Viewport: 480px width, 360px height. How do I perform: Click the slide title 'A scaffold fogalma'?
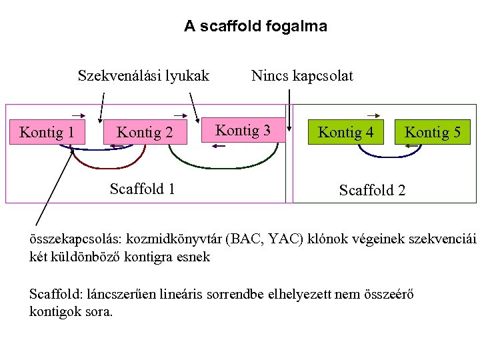click(255, 27)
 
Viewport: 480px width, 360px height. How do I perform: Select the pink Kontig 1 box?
click(47, 132)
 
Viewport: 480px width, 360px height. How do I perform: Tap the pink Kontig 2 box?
click(145, 133)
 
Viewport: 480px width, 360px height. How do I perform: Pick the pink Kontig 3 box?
click(244, 130)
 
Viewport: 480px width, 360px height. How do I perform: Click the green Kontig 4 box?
click(345, 132)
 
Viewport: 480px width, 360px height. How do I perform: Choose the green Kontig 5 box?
click(433, 132)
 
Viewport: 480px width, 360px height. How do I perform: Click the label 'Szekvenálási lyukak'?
click(143, 75)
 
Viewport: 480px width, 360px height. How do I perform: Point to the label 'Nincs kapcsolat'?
click(302, 75)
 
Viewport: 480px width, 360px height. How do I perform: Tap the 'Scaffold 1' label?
click(142, 189)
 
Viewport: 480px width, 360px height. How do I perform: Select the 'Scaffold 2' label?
click(372, 191)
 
